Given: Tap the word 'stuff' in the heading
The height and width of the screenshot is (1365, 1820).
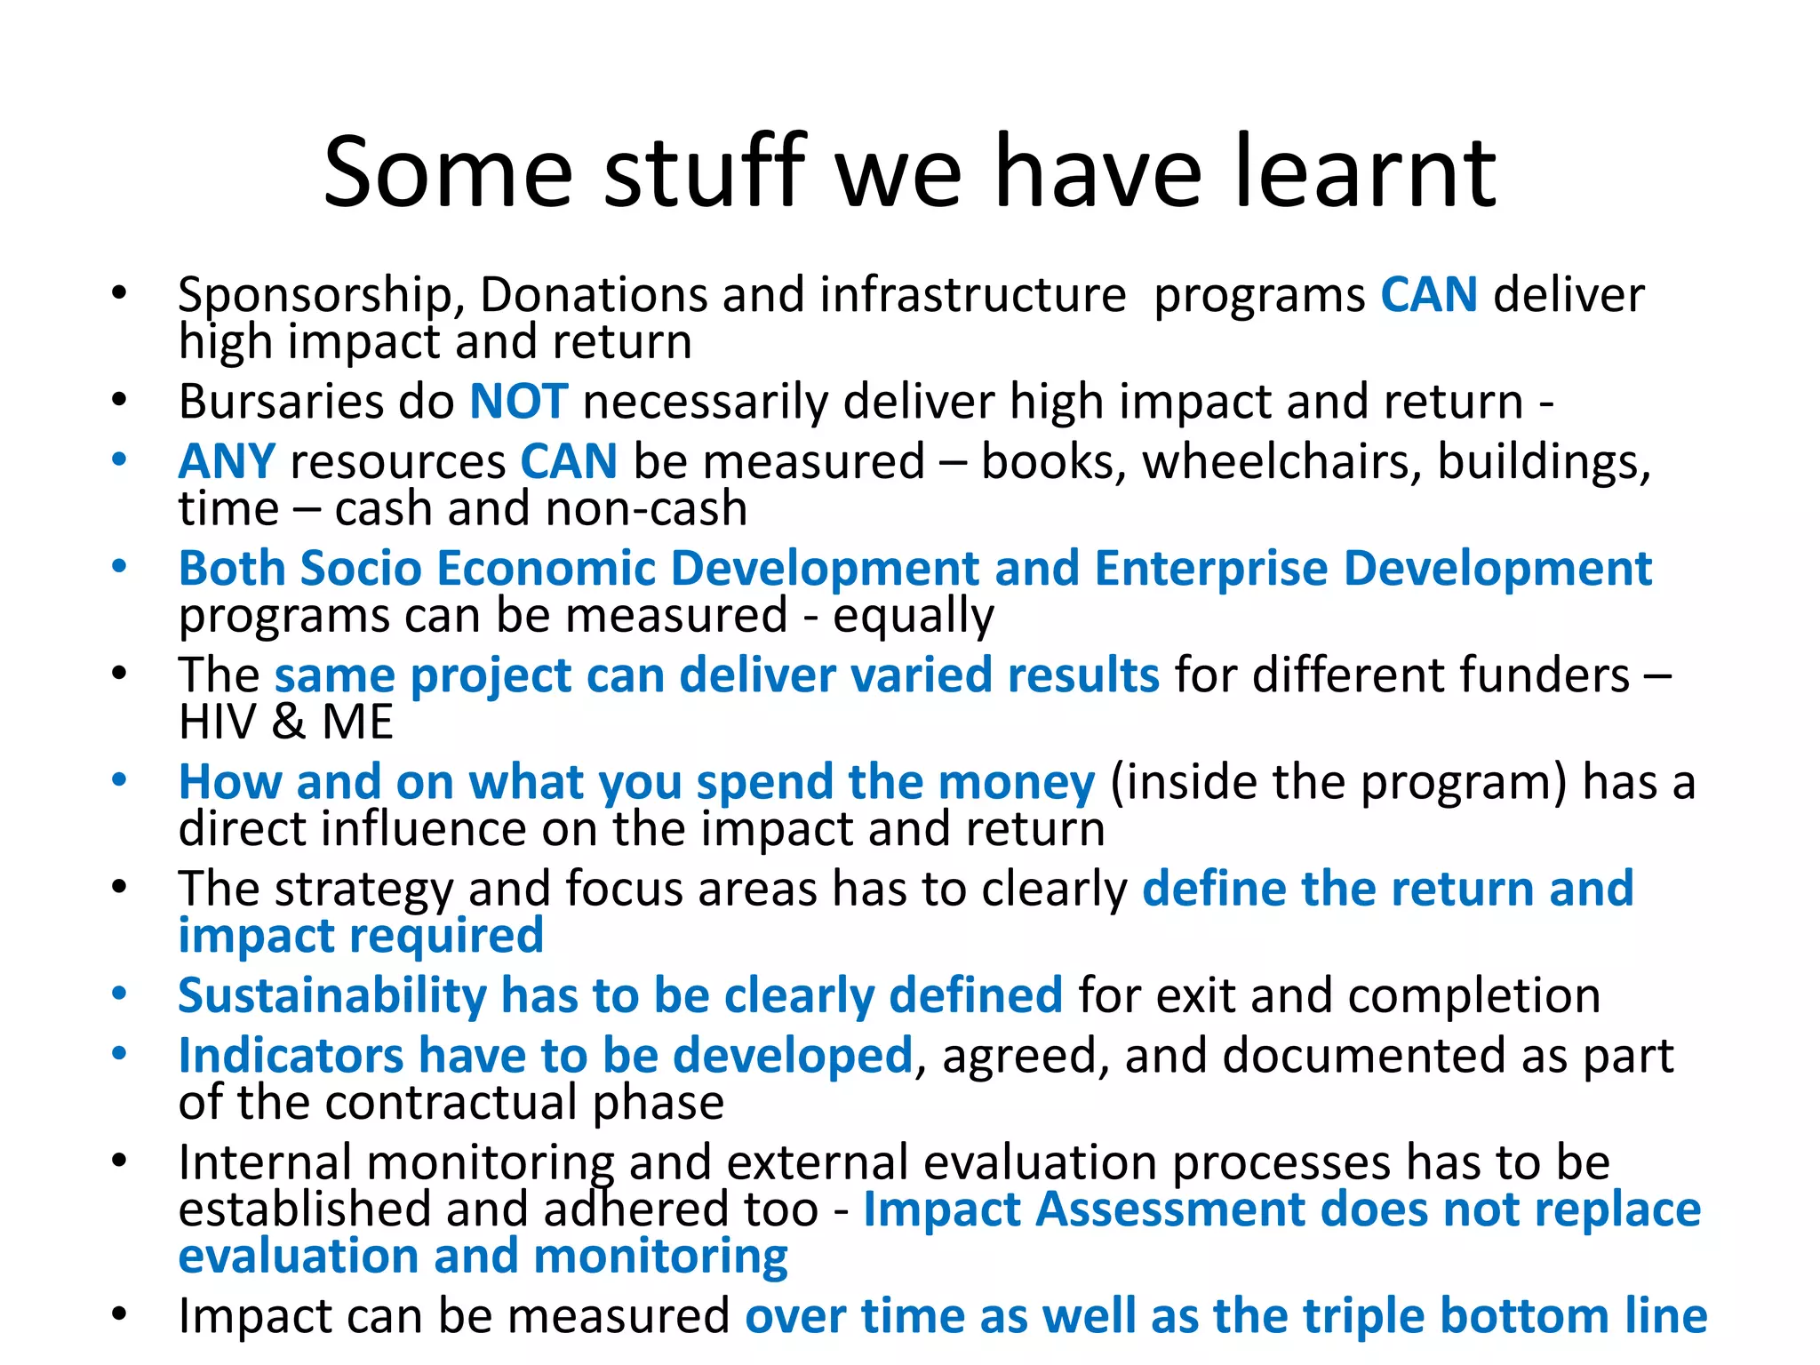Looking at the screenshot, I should point(705,172).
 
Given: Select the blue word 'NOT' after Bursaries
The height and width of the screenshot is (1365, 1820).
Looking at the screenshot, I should point(518,402).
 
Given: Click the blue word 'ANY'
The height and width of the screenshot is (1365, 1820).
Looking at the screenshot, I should point(227,462).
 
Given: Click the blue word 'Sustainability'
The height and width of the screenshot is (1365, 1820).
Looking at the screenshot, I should point(331,995).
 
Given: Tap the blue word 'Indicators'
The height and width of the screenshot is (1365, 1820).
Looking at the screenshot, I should point(291,1056).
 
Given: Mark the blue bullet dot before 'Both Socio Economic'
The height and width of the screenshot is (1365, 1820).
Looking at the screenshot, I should point(119,566).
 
